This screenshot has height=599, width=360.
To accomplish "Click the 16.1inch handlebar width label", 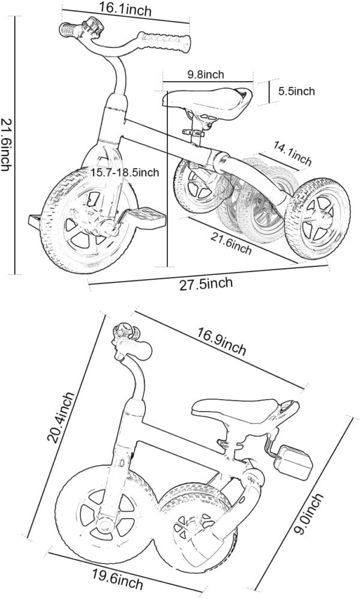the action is (x=125, y=9).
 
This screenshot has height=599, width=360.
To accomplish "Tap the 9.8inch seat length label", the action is (x=205, y=74).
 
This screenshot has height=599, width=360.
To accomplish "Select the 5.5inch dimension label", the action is (x=296, y=91).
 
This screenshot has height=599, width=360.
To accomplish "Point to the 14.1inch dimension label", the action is (x=292, y=153).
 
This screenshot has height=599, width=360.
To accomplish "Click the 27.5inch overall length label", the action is (x=206, y=284).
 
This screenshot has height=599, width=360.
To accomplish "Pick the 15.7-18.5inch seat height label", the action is (x=125, y=172).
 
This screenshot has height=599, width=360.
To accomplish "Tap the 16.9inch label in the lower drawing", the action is (x=221, y=341).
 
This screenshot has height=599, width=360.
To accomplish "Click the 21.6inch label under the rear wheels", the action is (x=231, y=243).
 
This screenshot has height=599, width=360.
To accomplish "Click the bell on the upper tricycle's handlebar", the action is (x=92, y=27).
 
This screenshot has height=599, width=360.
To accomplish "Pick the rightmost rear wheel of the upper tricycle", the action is (x=317, y=218).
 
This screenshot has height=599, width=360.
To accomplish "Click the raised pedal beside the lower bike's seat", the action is (x=295, y=462).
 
